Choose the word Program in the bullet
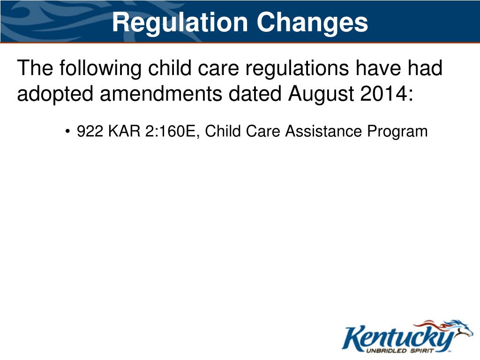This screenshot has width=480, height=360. (397, 132)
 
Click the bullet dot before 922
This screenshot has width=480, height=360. (68, 132)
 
